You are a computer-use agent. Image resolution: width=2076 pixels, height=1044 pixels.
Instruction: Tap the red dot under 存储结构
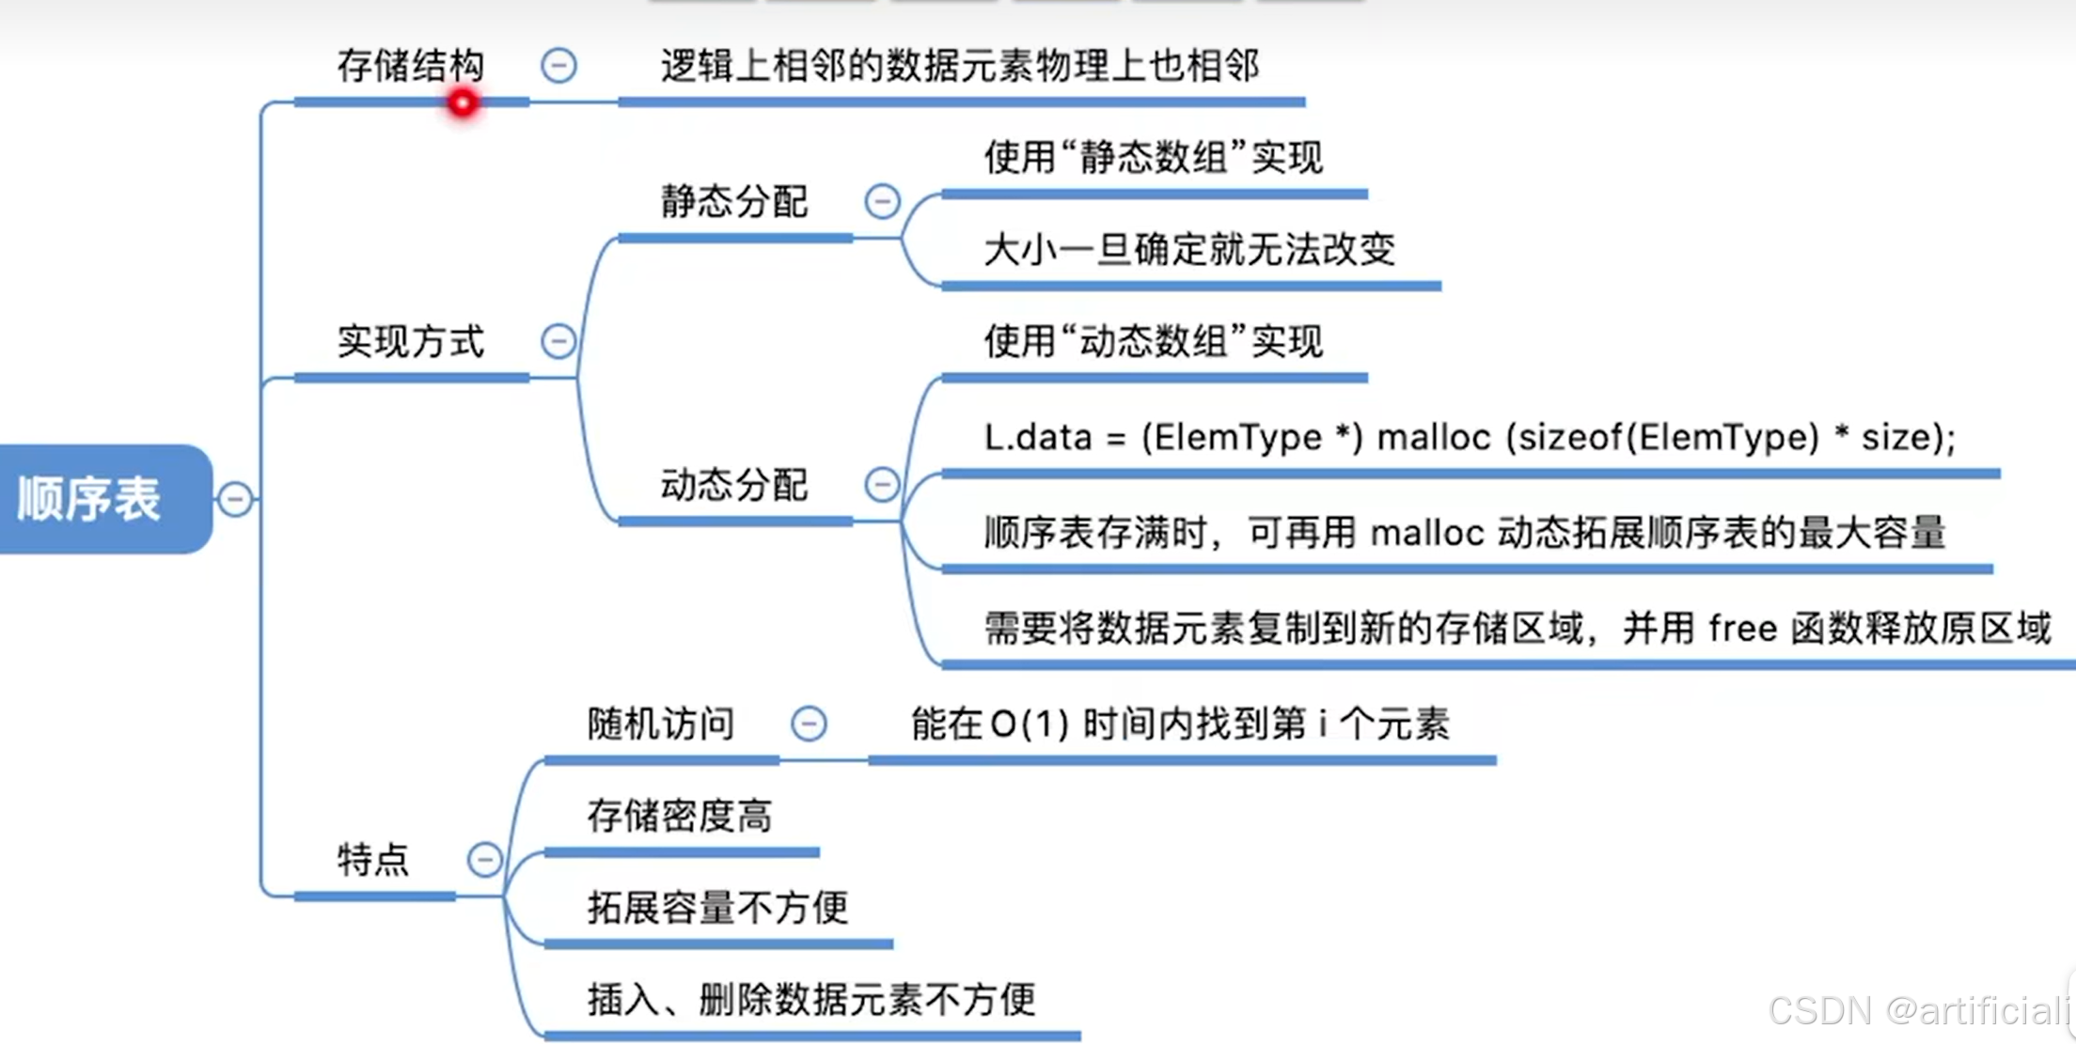pyautogui.click(x=463, y=102)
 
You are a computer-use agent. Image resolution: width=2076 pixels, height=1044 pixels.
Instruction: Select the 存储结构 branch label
pyautogui.click(x=410, y=66)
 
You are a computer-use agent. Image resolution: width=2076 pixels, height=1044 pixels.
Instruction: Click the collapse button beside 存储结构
pyautogui.click(x=558, y=66)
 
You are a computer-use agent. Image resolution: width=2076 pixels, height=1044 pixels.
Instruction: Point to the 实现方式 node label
pyautogui.click(x=410, y=341)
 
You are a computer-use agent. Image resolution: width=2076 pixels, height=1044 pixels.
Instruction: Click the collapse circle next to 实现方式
pyautogui.click(x=558, y=341)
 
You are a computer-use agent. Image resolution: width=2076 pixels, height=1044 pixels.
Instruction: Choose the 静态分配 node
pyautogui.click(x=733, y=201)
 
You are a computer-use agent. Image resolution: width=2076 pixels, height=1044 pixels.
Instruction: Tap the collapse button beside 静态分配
pyautogui.click(x=882, y=201)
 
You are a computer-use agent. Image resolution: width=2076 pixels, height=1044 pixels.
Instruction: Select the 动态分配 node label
pyautogui.click(x=733, y=485)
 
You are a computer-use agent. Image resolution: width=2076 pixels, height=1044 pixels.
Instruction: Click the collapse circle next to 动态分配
pyautogui.click(x=882, y=485)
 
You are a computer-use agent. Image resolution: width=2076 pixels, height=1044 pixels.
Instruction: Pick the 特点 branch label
pyautogui.click(x=373, y=859)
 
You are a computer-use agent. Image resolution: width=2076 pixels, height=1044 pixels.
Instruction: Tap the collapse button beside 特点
pyautogui.click(x=485, y=859)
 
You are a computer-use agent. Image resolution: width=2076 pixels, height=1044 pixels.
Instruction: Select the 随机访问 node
pyautogui.click(x=660, y=724)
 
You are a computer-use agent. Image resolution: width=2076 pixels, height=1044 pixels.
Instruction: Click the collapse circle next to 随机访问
pyautogui.click(x=809, y=724)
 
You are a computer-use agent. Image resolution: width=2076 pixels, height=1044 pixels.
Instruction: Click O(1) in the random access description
pyautogui.click(x=1030, y=725)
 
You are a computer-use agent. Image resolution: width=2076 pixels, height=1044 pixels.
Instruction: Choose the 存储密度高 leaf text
pyautogui.click(x=679, y=816)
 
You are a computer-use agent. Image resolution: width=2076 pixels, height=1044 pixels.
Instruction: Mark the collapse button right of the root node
pyautogui.click(x=235, y=499)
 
